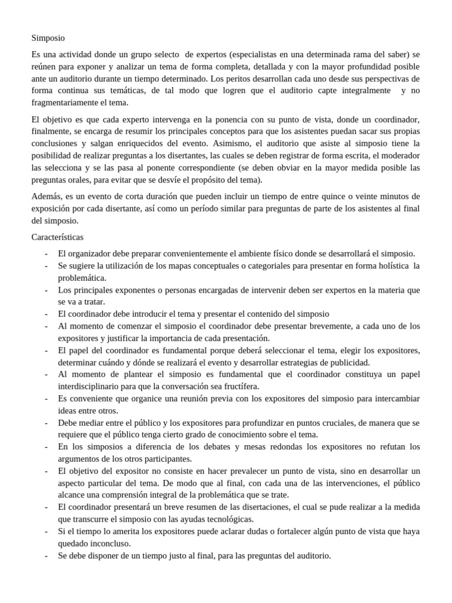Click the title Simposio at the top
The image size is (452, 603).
click(x=48, y=38)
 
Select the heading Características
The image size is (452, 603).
click(x=57, y=237)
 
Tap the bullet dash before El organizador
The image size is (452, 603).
click(x=46, y=254)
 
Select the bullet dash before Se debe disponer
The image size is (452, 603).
click(x=46, y=555)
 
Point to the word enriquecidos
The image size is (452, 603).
click(x=132, y=143)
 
